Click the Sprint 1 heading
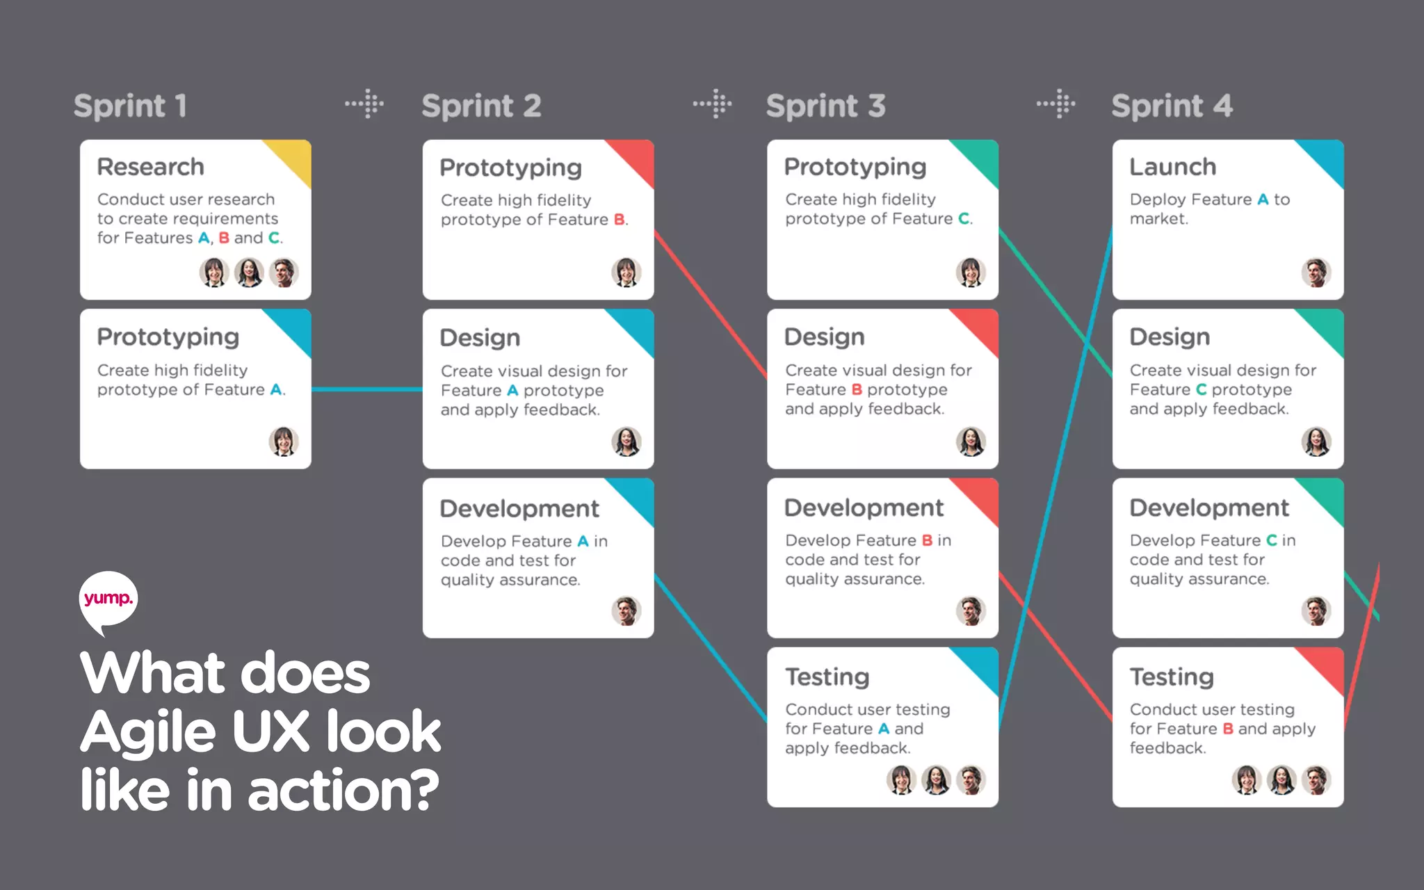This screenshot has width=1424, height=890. coord(130,106)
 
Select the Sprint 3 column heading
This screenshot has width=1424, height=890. coord(825,106)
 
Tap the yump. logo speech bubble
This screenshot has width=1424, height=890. coord(108,599)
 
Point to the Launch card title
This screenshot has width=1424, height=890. coord(1172,167)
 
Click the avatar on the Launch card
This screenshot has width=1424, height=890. coord(1316,273)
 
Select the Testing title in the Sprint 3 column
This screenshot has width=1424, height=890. coord(827,677)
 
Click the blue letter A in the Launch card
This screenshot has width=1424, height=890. coord(1263,200)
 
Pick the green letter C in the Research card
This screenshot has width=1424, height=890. coord(274,238)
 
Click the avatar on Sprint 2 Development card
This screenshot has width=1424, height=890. coord(626,611)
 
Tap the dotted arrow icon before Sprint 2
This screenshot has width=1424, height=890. coord(365,104)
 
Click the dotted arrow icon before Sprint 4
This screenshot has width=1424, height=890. coord(1056,104)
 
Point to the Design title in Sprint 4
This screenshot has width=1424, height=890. coord(1170,337)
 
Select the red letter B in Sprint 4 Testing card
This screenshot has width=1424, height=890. coord(1228,729)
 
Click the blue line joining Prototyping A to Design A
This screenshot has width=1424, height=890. coord(366,389)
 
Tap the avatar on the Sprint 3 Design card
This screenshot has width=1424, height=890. coord(971,442)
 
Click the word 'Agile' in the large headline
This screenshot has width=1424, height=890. coord(148,731)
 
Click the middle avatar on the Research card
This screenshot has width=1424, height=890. coord(249,273)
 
